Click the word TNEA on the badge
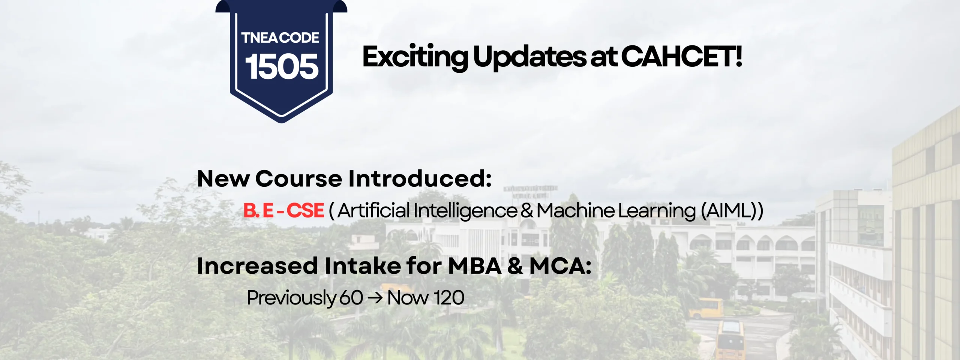(x=260, y=38)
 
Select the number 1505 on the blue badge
(x=282, y=67)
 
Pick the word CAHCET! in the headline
(x=682, y=57)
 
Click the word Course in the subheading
(x=298, y=178)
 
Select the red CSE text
(x=305, y=210)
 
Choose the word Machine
(x=576, y=210)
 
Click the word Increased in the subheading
(x=257, y=266)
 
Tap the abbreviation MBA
(x=475, y=266)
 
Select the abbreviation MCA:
(x=560, y=266)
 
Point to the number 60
(x=351, y=298)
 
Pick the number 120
(x=449, y=298)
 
